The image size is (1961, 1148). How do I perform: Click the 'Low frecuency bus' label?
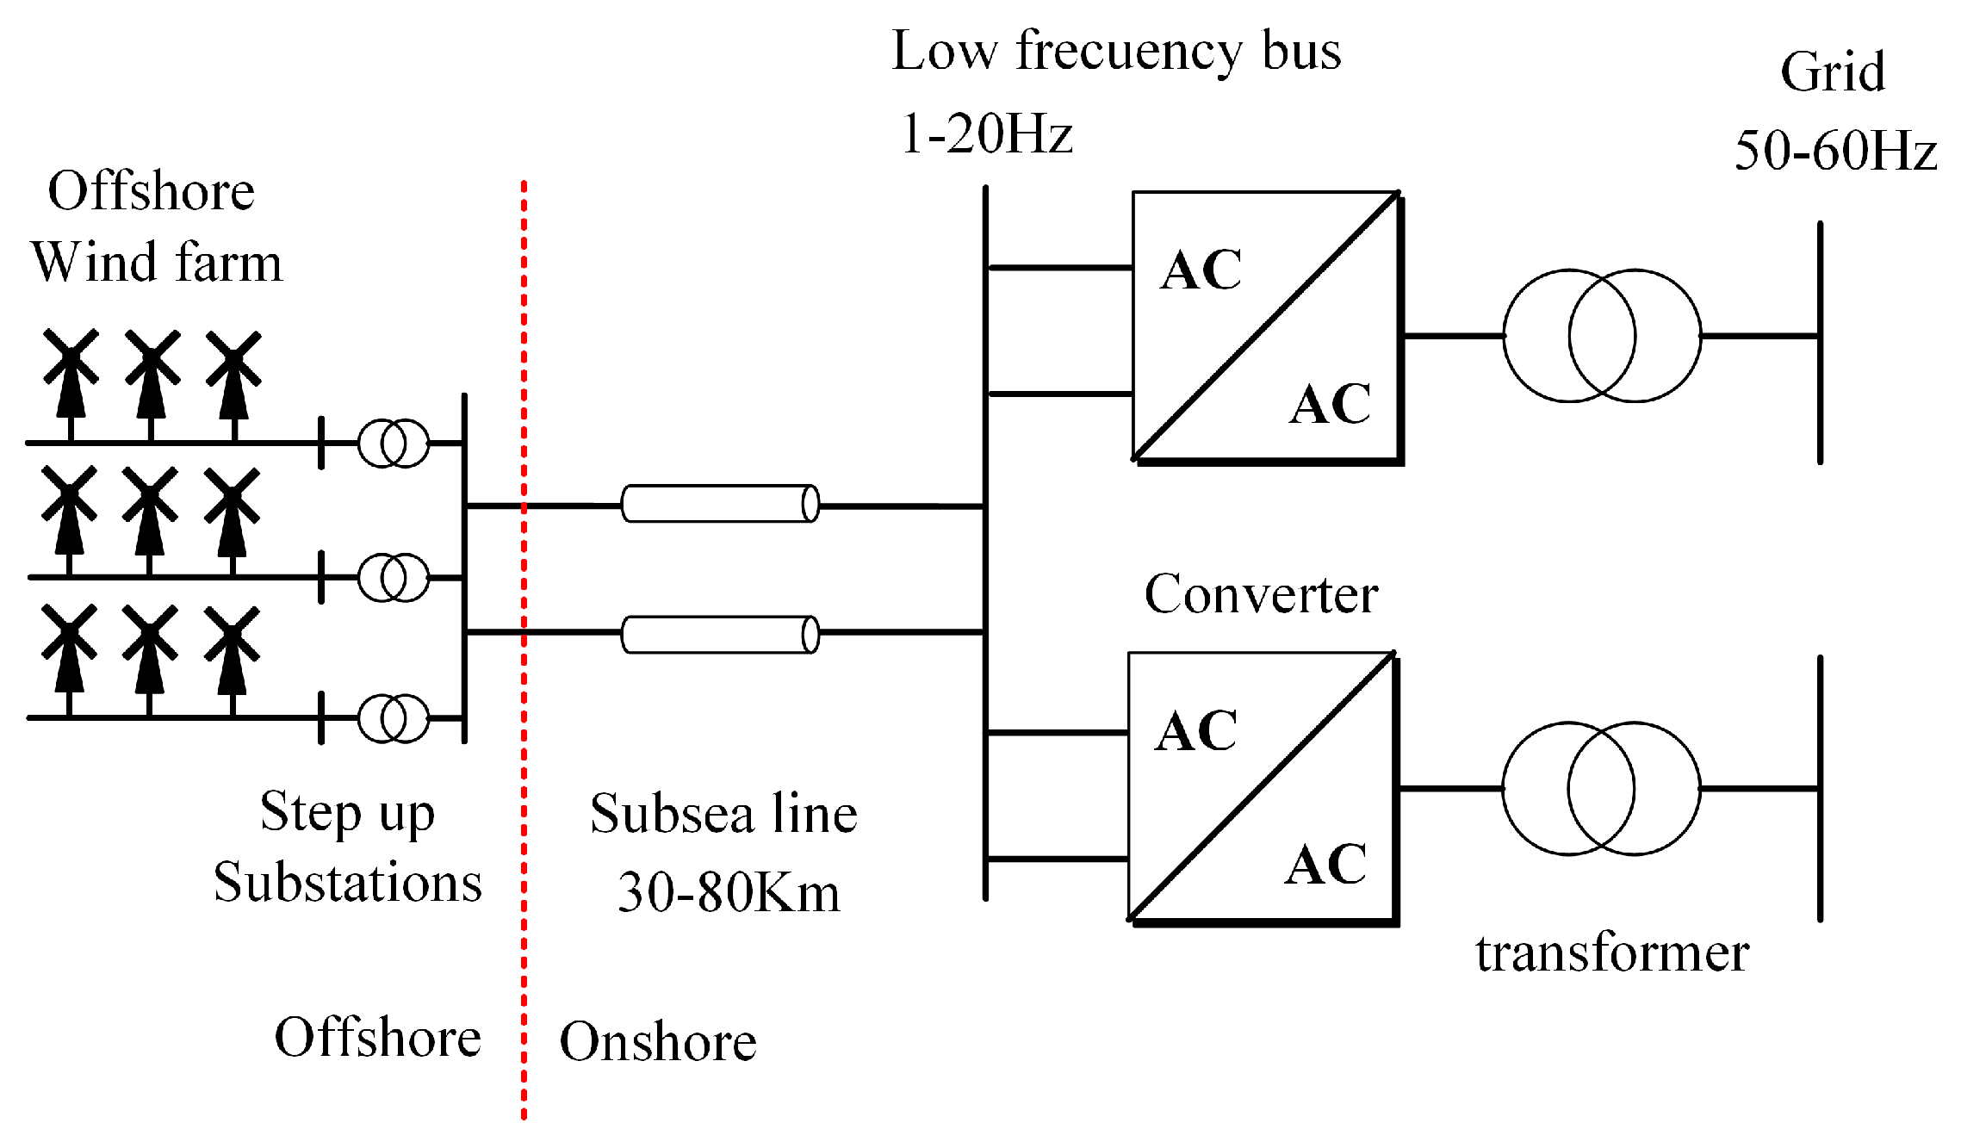1116,52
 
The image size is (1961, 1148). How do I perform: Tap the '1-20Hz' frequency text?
987,134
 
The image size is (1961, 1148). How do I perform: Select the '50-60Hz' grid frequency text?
1835,152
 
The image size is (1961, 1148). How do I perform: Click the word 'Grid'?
1833,71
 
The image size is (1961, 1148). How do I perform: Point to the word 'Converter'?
1261,595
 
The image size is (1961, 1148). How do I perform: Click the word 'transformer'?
1612,953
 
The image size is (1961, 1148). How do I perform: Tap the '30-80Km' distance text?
729,892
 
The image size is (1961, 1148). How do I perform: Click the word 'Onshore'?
658,1042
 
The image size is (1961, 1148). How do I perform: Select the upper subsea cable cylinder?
720,504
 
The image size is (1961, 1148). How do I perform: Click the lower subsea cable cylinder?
720,635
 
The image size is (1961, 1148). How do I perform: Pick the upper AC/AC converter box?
1266,327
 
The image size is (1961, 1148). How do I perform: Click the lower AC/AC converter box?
1262,787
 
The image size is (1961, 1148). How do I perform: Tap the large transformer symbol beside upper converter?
1602,336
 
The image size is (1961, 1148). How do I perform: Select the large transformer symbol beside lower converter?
1601,788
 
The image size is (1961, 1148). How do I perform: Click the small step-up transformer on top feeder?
394,444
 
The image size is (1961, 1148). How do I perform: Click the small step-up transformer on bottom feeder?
394,718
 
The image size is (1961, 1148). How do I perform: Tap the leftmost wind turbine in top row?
71,383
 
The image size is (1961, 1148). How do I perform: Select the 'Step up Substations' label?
348,847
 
